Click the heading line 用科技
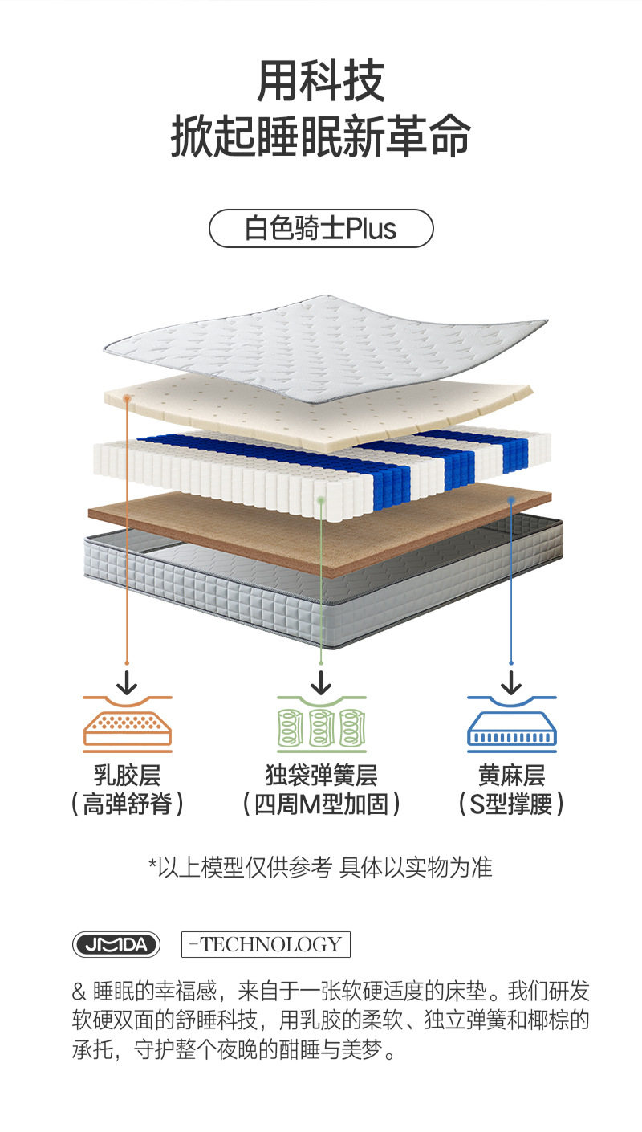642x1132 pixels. pyautogui.click(x=321, y=81)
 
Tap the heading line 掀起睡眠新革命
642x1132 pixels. pyautogui.click(x=321, y=138)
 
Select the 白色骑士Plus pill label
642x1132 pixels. pyautogui.click(x=321, y=229)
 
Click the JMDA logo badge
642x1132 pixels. pyautogui.click(x=116, y=944)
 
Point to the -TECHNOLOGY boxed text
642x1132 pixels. pyautogui.click(x=266, y=944)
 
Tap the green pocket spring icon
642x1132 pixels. pyautogui.click(x=321, y=723)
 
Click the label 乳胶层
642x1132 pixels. pyautogui.click(x=128, y=776)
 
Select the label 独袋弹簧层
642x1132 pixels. pyautogui.click(x=321, y=776)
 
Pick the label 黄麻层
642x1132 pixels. pyautogui.click(x=512, y=776)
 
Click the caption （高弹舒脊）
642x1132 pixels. pyautogui.click(x=128, y=804)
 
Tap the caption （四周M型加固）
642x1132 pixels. pyautogui.click(x=321, y=804)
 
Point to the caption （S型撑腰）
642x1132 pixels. pyautogui.click(x=512, y=804)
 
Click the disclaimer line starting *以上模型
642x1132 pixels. pyautogui.click(x=321, y=867)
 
